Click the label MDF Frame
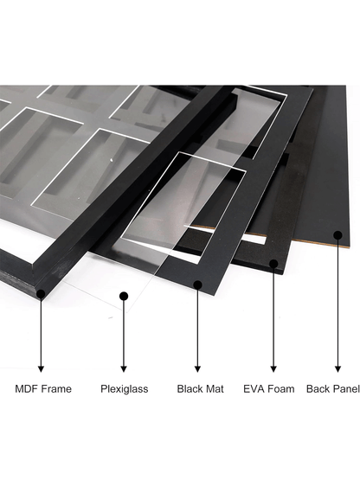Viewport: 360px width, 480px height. coord(43,389)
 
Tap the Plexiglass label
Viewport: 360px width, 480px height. coord(124,389)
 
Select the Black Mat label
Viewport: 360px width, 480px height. coord(201,389)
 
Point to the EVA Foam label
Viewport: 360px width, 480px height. coord(268,389)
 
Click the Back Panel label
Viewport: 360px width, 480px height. coord(332,389)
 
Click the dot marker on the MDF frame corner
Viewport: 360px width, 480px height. coord(41,294)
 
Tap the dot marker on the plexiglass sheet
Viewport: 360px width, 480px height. coord(124,296)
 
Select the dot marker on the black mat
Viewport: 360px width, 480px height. coord(197,285)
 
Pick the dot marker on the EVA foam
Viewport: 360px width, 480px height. coord(273,264)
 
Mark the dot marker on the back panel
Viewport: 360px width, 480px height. coord(337,235)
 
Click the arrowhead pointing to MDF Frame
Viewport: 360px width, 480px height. coord(41,368)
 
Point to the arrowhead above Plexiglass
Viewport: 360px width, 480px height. coord(124,368)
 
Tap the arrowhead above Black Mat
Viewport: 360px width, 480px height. coord(197,368)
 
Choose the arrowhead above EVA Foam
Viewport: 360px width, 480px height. coord(273,368)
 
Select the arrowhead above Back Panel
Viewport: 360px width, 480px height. coord(337,368)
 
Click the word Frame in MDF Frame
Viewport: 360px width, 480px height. coord(56,389)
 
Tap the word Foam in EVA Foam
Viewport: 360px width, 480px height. coord(280,389)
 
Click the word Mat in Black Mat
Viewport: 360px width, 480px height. coord(215,389)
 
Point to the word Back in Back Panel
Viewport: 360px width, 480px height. coord(317,389)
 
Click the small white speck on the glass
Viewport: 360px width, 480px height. coord(112,159)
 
